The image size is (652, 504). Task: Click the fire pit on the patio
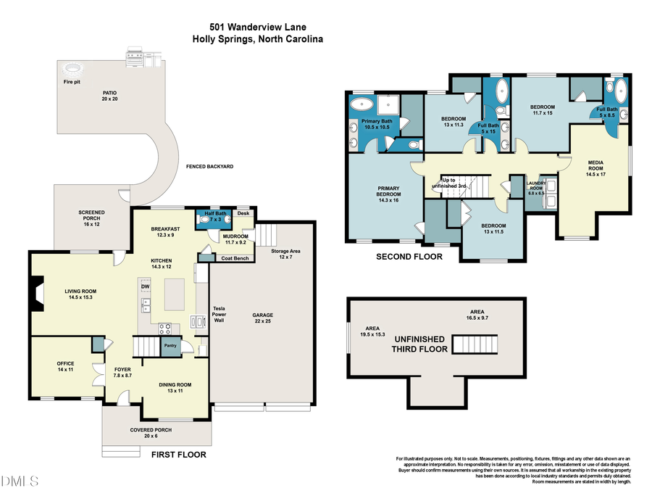[72, 70]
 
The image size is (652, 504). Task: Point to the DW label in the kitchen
[145, 286]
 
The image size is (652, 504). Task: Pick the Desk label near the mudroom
[243, 213]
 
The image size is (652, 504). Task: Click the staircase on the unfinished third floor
[477, 343]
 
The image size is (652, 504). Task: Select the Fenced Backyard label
[209, 167]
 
